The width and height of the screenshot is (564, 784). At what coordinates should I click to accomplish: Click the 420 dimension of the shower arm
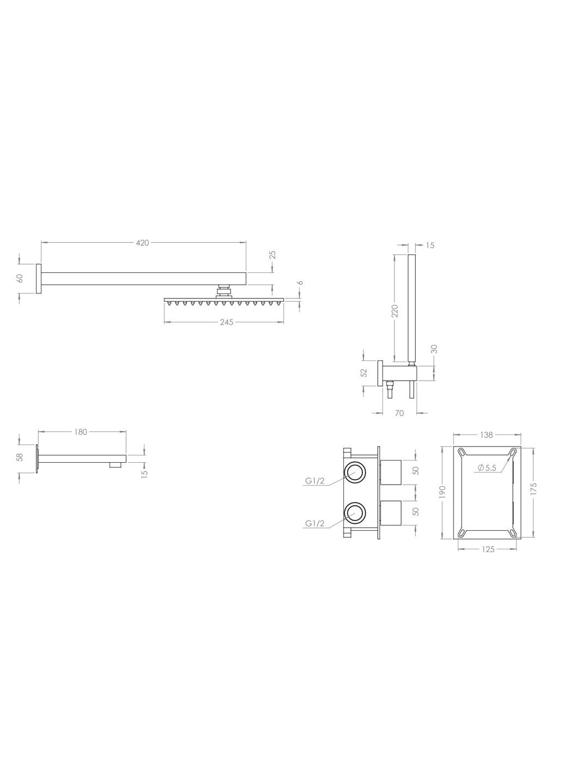coord(143,243)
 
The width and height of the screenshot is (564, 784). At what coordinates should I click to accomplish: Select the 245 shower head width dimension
coord(226,322)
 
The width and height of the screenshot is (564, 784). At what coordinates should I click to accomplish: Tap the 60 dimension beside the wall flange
coord(20,278)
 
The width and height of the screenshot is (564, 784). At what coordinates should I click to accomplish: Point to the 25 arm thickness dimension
coord(273,254)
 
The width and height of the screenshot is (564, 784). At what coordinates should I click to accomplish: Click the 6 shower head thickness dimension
coord(300,283)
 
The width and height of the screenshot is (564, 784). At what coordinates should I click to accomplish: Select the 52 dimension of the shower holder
coord(365,373)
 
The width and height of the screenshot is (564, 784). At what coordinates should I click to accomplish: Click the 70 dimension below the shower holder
coord(399,413)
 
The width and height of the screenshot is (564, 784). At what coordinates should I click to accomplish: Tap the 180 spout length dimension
coord(81,432)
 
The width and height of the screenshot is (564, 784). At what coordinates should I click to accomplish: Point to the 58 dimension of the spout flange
coord(20,457)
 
